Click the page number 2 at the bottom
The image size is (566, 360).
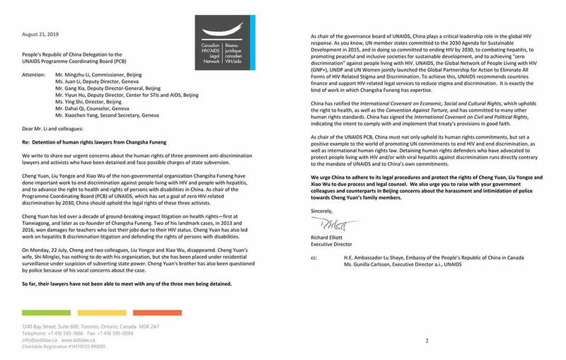tap(427, 340)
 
